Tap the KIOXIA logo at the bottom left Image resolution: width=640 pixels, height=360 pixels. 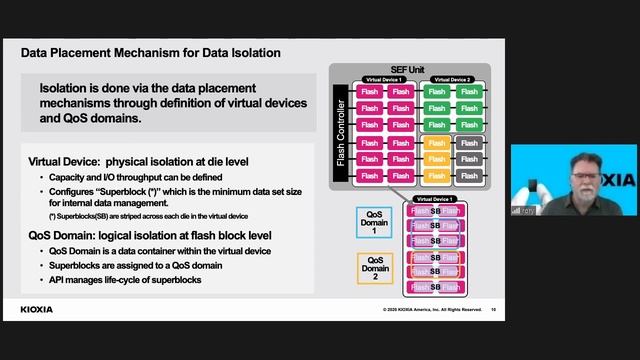tap(37, 310)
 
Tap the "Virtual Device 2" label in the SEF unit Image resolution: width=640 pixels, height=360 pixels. tap(452, 79)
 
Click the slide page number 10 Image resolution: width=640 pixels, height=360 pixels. tap(493, 310)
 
